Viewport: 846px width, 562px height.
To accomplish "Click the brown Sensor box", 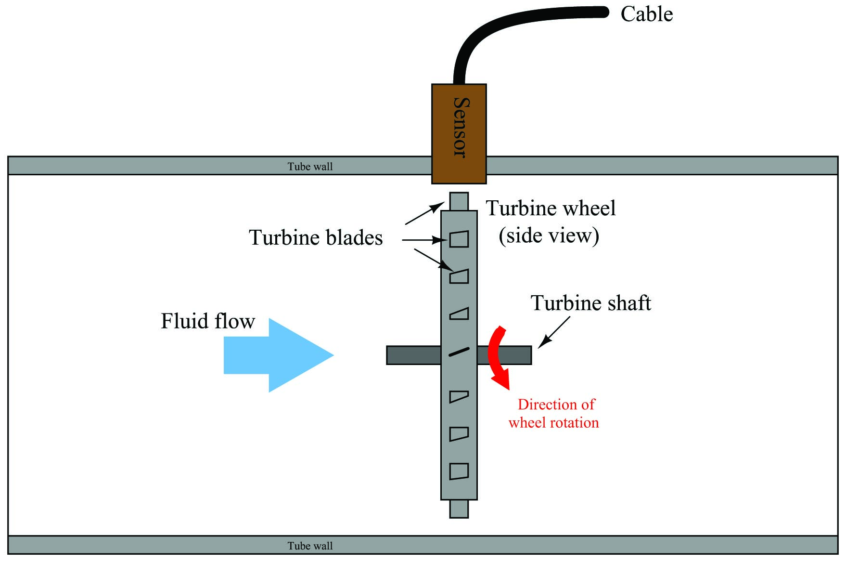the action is pos(459,134).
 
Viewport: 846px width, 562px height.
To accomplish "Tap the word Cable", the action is pos(646,14).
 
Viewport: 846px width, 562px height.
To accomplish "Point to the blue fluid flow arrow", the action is pos(279,355).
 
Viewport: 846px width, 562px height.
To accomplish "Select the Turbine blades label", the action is pos(316,237).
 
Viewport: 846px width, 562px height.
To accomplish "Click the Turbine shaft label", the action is pos(590,303).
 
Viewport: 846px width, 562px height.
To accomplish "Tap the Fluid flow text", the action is pos(208,321).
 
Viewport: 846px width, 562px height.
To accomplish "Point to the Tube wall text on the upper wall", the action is pos(310,167).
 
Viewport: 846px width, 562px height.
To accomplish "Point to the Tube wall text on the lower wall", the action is pos(310,546).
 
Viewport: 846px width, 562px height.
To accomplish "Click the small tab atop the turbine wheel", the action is pos(459,201).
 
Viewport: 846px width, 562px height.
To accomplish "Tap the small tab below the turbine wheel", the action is pos(459,509).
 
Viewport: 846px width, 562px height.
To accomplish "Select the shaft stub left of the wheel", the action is pos(414,355).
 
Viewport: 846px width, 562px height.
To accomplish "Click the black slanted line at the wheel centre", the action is pos(459,352).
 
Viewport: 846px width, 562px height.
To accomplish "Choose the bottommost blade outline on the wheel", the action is pos(459,471).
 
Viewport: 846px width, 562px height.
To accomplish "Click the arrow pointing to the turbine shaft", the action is pos(554,332).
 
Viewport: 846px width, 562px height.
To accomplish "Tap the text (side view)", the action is pos(549,235).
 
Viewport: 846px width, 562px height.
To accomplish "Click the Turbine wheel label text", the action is pos(551,208).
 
